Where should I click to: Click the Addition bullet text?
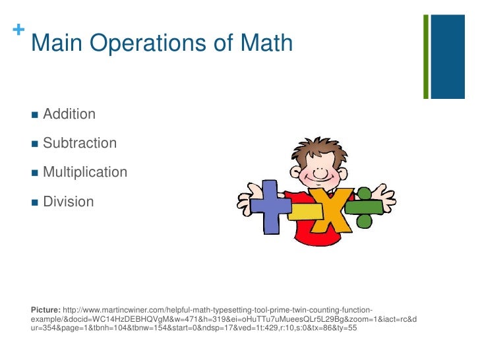pos(69,114)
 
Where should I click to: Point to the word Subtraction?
pos(80,143)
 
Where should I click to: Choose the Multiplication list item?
pos(85,172)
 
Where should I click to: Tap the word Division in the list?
pos(69,201)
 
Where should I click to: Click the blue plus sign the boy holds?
pos(264,208)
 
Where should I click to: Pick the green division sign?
pos(363,206)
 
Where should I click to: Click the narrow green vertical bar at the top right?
pos(426,55)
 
